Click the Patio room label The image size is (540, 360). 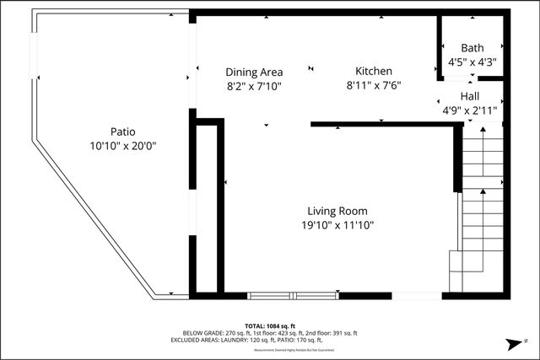point(122,132)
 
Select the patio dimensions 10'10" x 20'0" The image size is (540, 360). point(122,145)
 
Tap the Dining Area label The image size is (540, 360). point(254,72)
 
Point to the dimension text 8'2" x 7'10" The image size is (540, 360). point(254,85)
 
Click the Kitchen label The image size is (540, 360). point(373,72)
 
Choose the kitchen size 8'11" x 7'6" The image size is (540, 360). point(373,85)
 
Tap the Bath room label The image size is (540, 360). point(472,48)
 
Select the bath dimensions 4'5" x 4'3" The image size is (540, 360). point(472,62)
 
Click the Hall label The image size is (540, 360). point(470,97)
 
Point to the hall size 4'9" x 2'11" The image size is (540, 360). point(470,110)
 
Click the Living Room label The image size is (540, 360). point(337,211)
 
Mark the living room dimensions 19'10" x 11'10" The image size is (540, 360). point(337,225)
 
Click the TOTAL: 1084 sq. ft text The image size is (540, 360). point(270,325)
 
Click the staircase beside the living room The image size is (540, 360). point(481,211)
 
